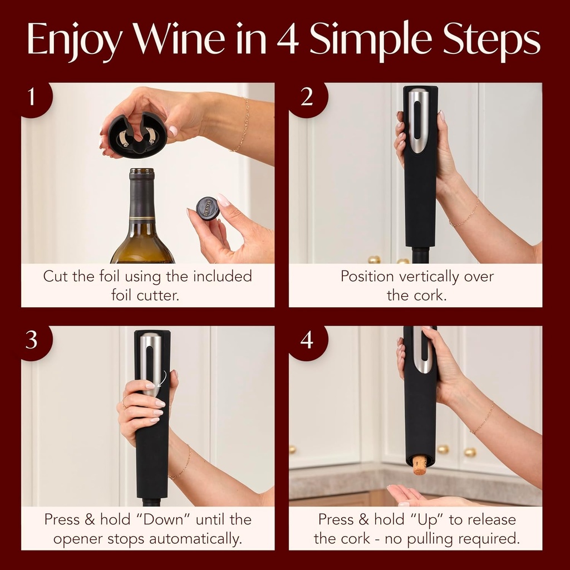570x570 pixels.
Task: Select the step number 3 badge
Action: tap(32, 340)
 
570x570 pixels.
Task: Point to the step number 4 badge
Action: tap(307, 340)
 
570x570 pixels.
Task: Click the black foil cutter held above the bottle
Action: tap(137, 135)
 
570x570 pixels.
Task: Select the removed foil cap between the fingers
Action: tap(208, 209)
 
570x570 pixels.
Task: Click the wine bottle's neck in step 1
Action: tap(142, 195)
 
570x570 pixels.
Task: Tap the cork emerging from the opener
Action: tap(420, 465)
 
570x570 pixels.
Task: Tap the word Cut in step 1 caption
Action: tap(57, 277)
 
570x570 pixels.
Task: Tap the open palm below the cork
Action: tap(412, 495)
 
